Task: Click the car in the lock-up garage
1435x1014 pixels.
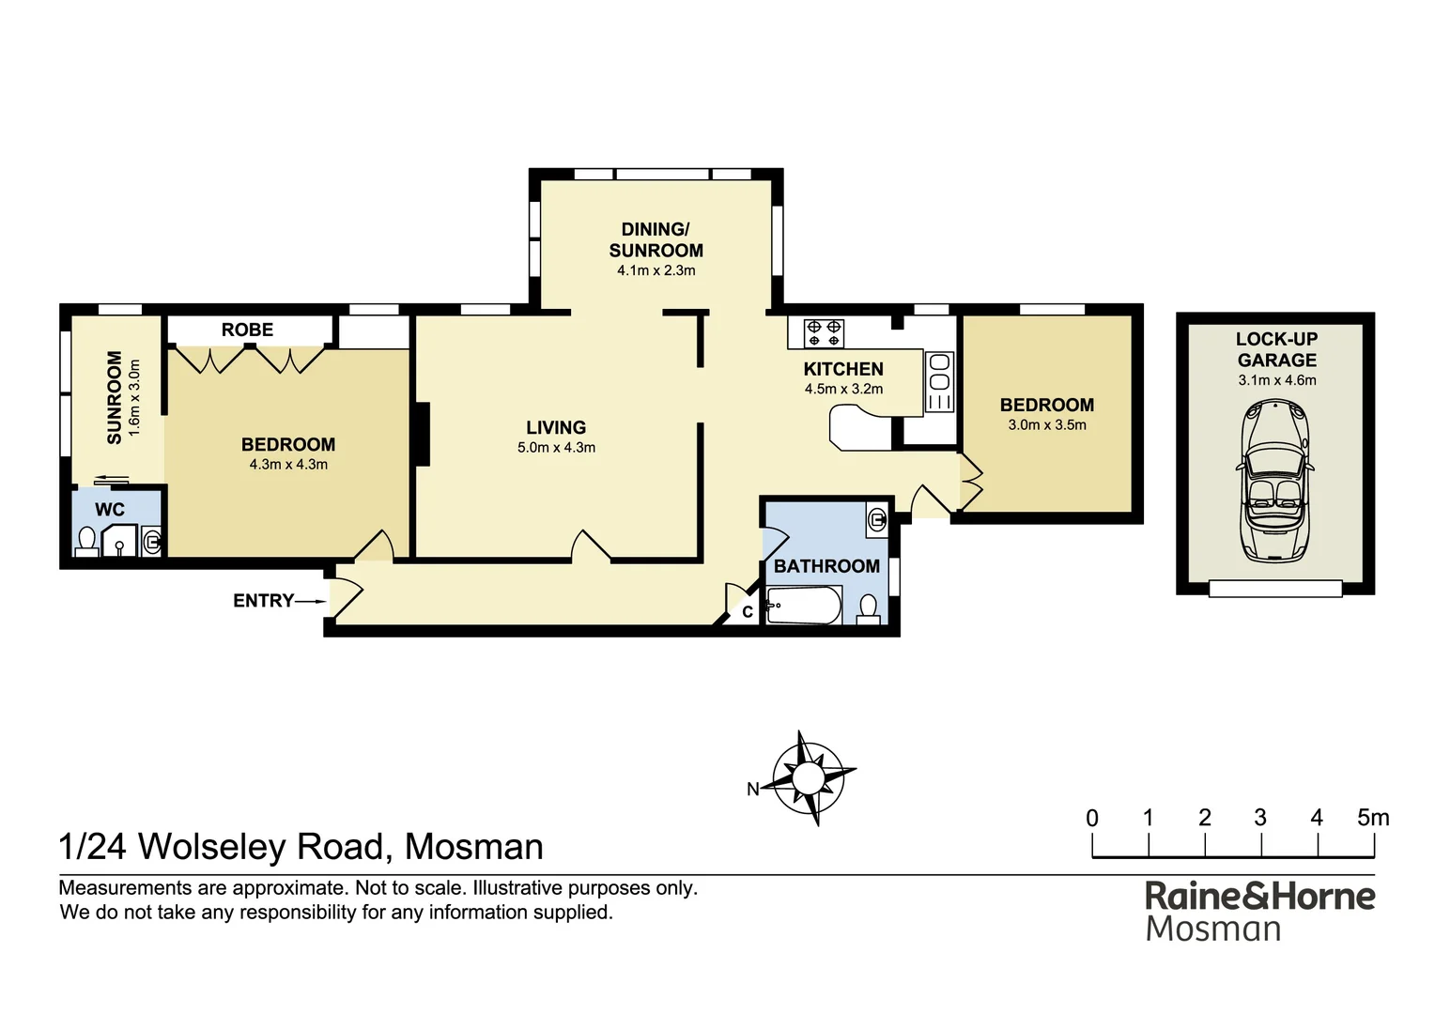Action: point(1274,481)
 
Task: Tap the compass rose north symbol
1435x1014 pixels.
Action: point(807,778)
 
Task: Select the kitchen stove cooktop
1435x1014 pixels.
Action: point(824,333)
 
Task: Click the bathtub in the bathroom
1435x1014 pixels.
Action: point(803,606)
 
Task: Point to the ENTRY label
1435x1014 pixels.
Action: point(263,601)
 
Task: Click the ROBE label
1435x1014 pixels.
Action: point(247,330)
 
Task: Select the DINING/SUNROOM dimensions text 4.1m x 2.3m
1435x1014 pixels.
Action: point(656,270)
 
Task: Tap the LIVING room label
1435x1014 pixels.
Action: point(556,427)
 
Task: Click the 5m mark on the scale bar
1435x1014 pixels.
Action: point(1372,818)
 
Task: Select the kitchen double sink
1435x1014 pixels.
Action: point(939,381)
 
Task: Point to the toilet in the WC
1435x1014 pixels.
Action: point(86,542)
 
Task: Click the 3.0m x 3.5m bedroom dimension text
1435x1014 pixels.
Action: point(1046,425)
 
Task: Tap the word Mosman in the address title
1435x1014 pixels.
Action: point(473,847)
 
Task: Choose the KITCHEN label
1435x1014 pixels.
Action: point(842,369)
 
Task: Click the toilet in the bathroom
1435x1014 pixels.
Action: point(869,609)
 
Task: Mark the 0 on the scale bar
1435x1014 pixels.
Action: point(1092,818)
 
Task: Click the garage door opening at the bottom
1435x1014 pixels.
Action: point(1274,589)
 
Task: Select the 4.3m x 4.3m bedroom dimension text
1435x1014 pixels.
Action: point(287,465)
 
